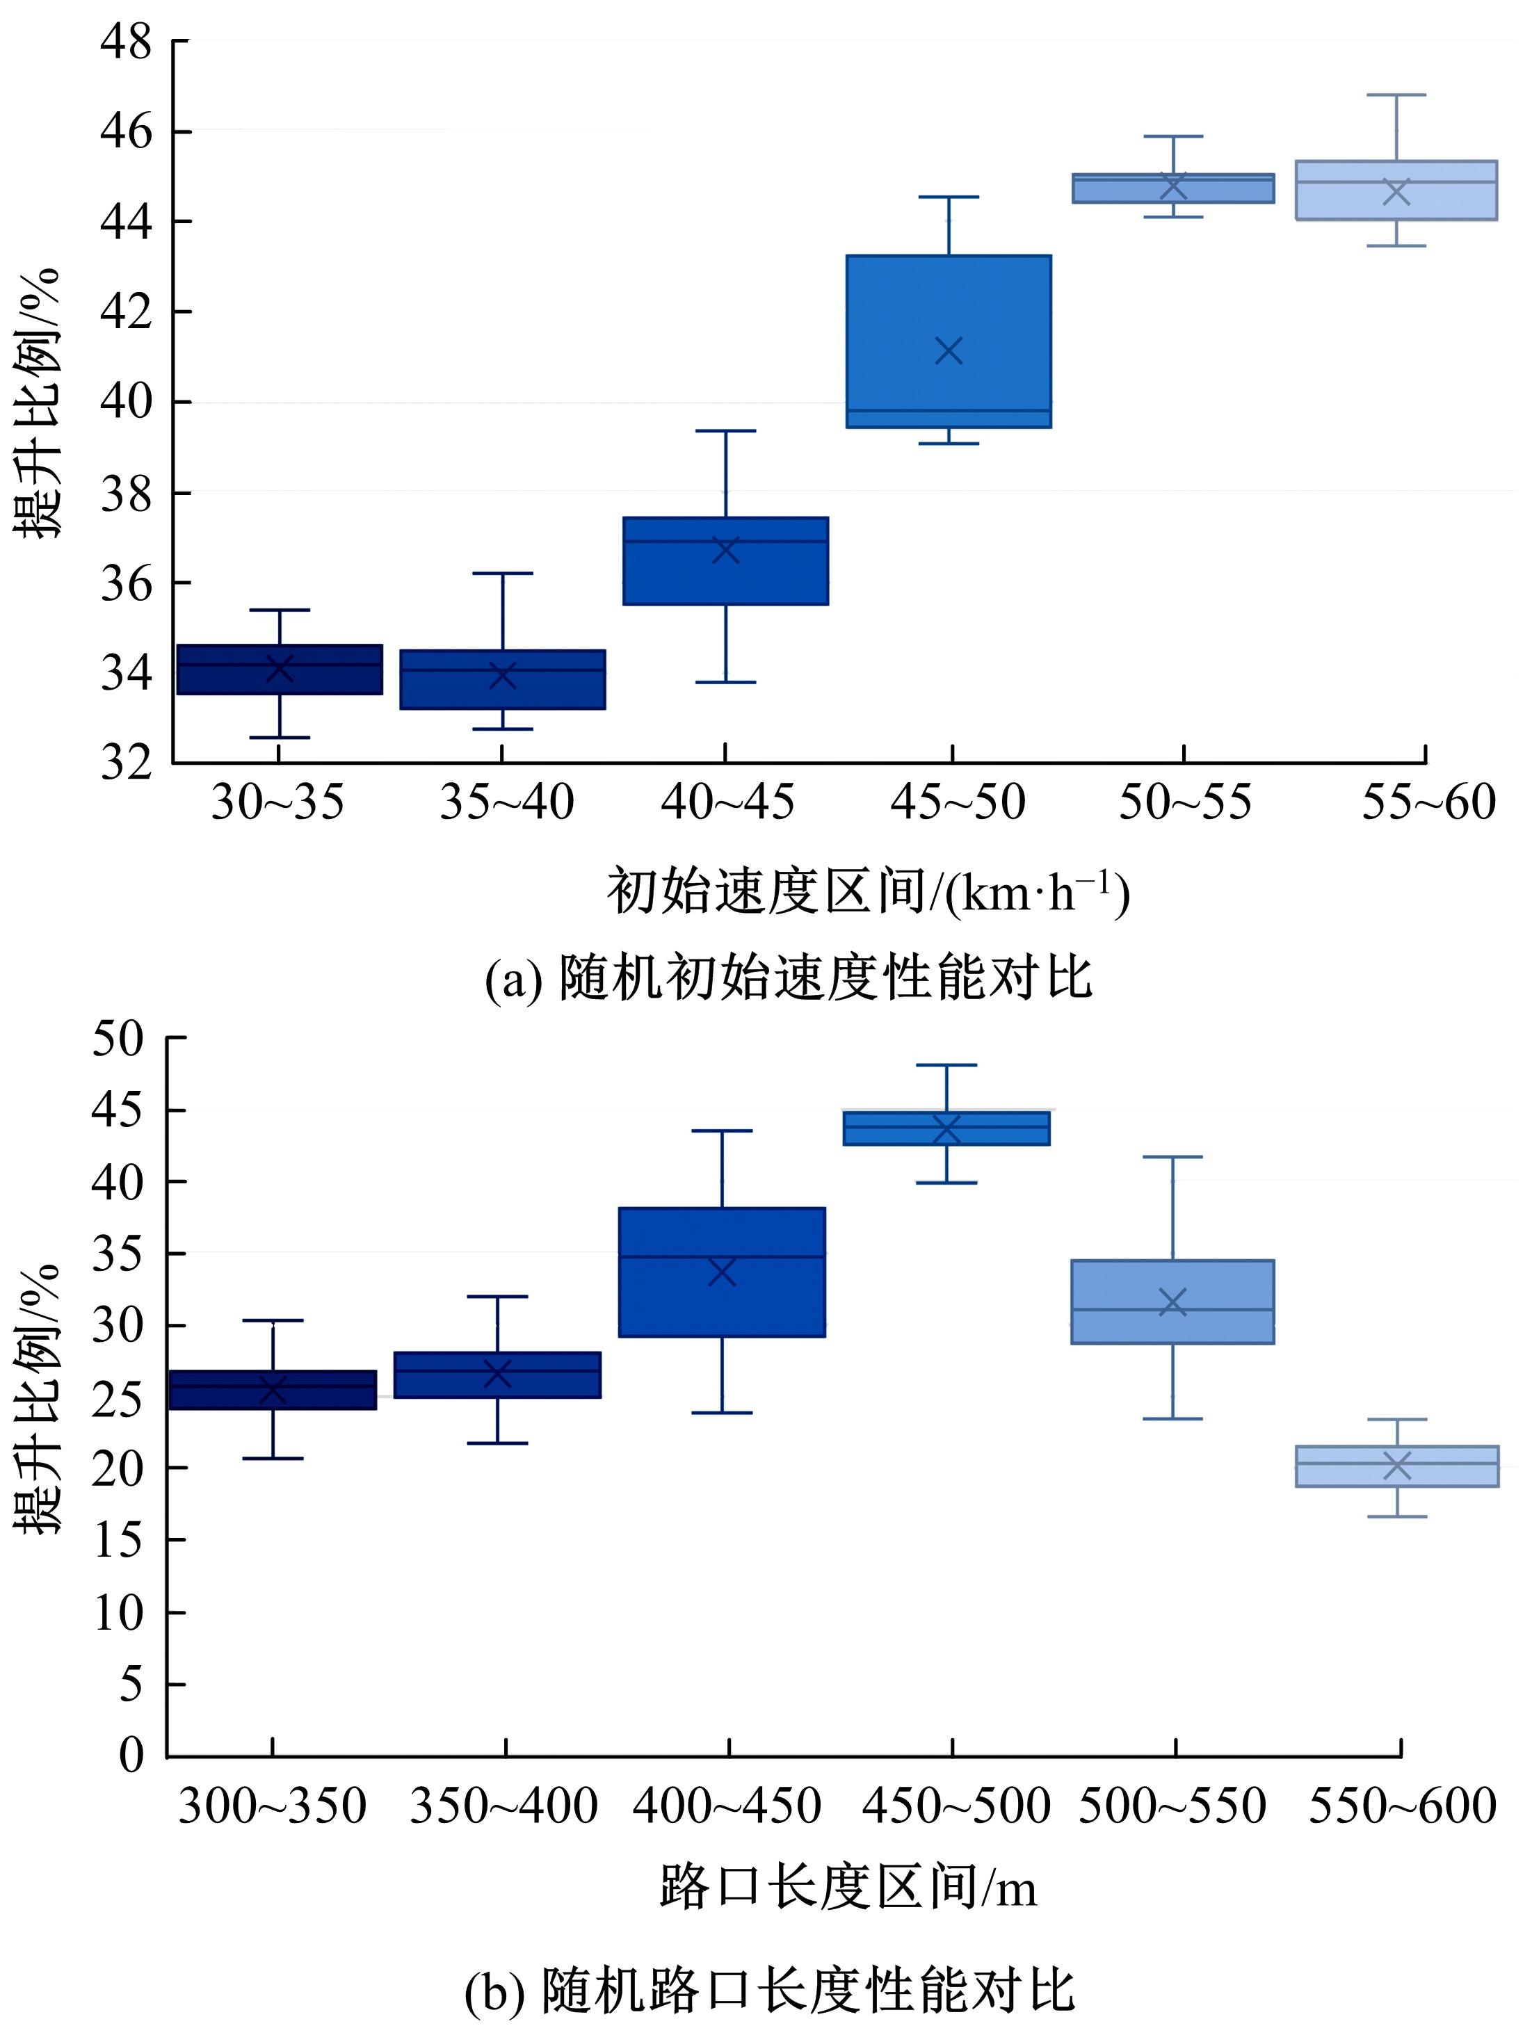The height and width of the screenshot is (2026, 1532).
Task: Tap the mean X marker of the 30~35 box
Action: (x=280, y=667)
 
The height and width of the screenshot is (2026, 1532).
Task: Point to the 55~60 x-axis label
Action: (x=1428, y=802)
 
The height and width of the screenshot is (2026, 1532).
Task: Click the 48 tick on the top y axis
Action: (x=126, y=42)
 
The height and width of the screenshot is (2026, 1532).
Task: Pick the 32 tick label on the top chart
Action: (x=126, y=762)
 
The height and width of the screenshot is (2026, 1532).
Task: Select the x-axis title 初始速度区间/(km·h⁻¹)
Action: (x=866, y=892)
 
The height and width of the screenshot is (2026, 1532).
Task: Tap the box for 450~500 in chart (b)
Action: (x=946, y=1128)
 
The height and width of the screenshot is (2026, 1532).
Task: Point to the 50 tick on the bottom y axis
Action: (x=118, y=1039)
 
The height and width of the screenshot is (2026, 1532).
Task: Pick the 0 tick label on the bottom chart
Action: (x=132, y=1754)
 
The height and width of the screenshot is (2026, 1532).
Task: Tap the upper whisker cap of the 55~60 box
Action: (x=1397, y=95)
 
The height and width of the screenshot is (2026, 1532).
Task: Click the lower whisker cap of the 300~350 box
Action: (x=273, y=1458)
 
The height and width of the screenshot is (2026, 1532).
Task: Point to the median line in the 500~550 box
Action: (x=1173, y=1310)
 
